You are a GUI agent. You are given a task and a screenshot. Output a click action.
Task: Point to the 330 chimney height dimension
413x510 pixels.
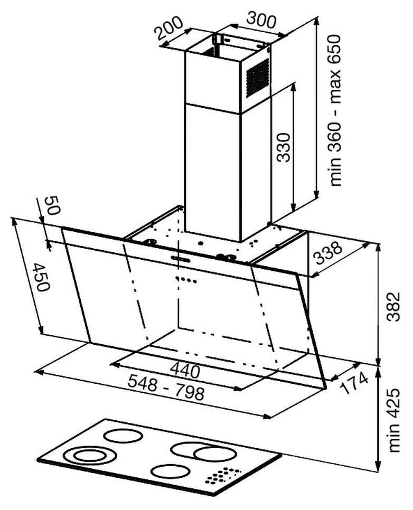[x=284, y=147]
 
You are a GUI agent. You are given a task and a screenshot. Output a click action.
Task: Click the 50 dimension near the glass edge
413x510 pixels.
[x=52, y=205]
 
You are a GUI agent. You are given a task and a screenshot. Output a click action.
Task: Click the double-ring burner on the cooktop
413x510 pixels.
[x=86, y=456]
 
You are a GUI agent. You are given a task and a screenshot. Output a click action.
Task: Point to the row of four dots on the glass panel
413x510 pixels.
[x=186, y=280]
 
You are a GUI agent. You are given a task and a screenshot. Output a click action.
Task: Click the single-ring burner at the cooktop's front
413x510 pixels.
[x=171, y=471]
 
